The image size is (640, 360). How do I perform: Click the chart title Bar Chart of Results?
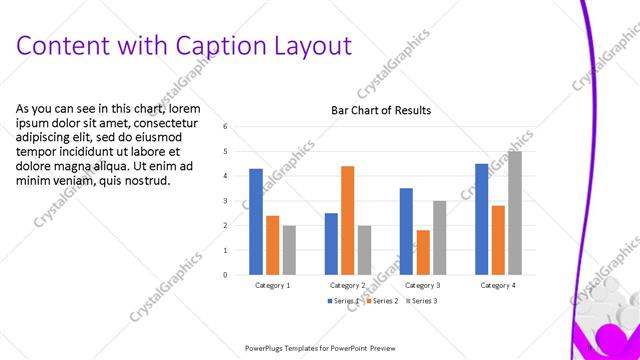[x=381, y=110]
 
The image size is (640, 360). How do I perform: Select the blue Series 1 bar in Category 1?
[x=256, y=221]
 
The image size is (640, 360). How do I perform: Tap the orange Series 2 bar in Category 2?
[x=347, y=220]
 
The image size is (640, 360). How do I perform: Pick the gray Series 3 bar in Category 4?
[x=514, y=212]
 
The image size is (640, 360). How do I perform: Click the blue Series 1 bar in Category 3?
[x=406, y=231]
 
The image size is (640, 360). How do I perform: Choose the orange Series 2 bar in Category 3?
[x=423, y=252]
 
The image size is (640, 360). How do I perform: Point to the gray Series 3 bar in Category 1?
[x=289, y=249]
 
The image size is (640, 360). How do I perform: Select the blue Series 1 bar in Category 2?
[x=331, y=243]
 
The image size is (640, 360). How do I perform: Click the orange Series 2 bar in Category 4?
[x=498, y=240]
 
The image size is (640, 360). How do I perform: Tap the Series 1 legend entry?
[x=345, y=300]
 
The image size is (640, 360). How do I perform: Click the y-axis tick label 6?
[x=226, y=127]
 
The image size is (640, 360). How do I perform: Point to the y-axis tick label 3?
[x=226, y=201]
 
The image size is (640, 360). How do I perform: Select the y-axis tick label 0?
[x=226, y=274]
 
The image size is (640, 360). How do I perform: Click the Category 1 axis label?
[x=273, y=285]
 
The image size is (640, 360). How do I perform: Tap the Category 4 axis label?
[x=498, y=285]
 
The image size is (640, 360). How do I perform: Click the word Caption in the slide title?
[x=219, y=46]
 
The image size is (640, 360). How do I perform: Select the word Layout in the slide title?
[x=310, y=46]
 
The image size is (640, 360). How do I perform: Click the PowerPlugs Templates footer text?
[x=321, y=348]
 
